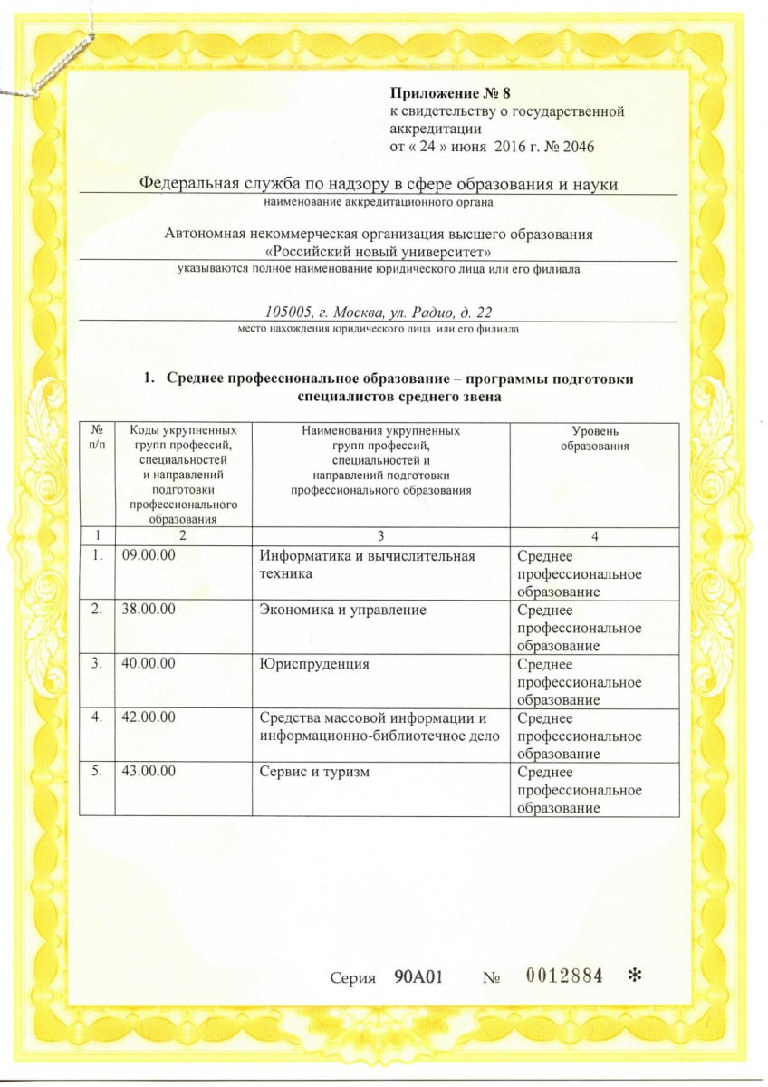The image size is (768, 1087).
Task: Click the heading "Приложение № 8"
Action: click(444, 92)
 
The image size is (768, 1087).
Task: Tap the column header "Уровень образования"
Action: click(594, 439)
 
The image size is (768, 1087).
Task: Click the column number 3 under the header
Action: click(379, 536)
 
